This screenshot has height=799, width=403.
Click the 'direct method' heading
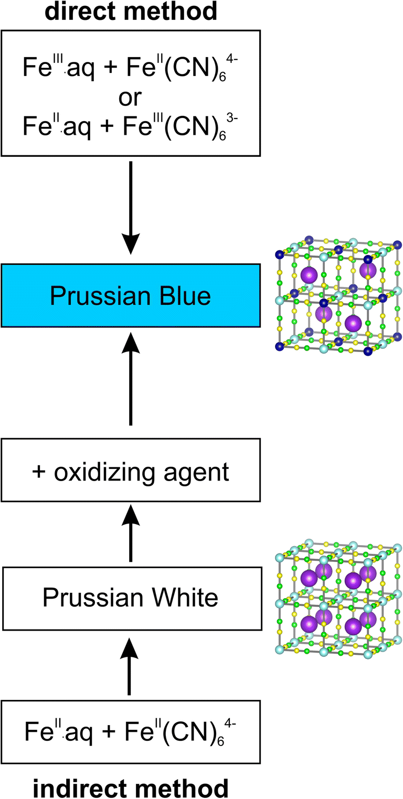(131, 11)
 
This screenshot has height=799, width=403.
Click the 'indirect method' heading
(131, 787)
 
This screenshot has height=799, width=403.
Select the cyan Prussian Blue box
(131, 296)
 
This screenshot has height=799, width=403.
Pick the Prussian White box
(131, 598)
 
